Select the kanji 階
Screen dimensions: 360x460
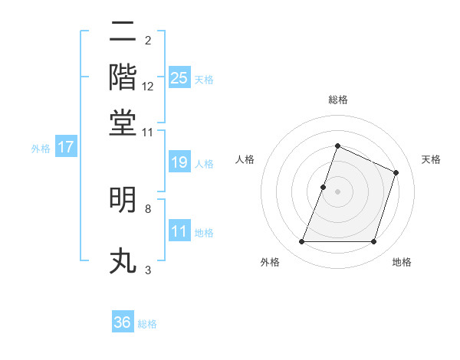coord(123,77)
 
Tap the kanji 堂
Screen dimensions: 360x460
coord(123,123)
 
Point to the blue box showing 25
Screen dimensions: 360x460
coord(179,78)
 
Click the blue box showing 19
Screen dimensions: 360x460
coord(179,162)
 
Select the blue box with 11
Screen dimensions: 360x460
coord(179,231)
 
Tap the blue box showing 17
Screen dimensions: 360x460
coord(66,148)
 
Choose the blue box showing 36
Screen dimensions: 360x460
coord(123,322)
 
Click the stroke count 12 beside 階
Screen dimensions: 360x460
coord(148,87)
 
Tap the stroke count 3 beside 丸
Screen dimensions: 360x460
coord(147,270)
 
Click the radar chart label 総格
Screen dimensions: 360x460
coord(337,100)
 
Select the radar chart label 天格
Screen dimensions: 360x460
coord(431,159)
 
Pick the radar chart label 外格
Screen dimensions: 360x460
coord(271,262)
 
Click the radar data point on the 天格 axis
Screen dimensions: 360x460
coord(396,172)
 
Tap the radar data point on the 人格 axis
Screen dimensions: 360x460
coord(324,187)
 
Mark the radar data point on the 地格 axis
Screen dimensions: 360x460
coord(374,242)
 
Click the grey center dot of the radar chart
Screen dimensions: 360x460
coord(337,191)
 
